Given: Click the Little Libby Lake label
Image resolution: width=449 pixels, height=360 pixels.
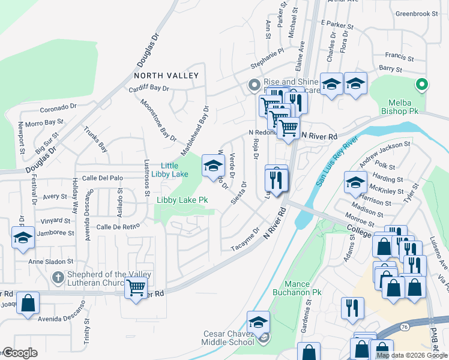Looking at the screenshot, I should (174, 170).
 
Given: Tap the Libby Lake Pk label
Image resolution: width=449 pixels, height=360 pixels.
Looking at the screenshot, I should (182, 200).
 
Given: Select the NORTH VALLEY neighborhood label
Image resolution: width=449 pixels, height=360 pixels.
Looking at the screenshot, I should (166, 76).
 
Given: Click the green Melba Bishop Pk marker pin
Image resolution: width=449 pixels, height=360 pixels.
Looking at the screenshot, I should (422, 85).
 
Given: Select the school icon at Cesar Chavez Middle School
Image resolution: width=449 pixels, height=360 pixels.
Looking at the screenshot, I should (258, 322).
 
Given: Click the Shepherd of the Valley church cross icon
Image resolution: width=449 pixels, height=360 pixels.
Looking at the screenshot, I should (58, 277).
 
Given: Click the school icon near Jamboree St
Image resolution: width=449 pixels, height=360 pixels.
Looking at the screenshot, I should (23, 238).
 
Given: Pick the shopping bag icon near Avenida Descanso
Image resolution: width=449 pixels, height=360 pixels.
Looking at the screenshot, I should (28, 303).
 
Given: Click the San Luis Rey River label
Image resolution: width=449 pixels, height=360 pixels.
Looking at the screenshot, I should (337, 161).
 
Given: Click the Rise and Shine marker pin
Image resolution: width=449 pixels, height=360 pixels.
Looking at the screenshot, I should (253, 85).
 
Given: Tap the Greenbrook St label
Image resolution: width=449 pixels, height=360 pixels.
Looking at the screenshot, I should (418, 13).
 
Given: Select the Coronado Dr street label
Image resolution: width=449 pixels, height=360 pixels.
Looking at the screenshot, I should (59, 109).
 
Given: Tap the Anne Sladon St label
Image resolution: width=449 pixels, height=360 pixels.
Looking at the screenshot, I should (52, 262).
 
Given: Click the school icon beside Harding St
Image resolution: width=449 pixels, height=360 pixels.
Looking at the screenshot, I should (355, 182).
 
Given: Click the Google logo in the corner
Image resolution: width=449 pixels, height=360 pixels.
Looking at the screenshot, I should (20, 353).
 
